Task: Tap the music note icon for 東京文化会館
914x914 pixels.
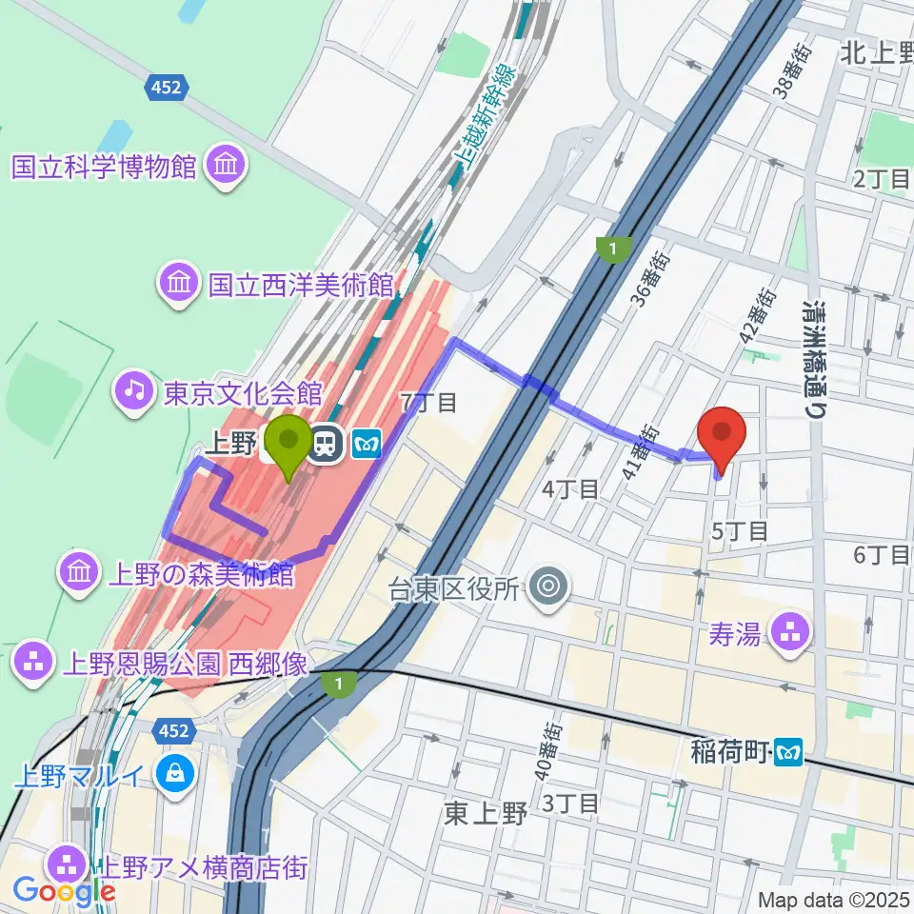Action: [134, 390]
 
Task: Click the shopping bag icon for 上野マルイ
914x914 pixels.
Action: [176, 773]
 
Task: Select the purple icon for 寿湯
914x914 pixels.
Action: [790, 630]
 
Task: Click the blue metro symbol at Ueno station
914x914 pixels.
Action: [367, 442]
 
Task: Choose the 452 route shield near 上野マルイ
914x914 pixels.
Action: [173, 731]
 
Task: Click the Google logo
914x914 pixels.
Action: [64, 890]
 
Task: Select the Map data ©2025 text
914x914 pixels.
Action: [834, 899]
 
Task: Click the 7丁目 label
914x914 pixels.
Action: [428, 403]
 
